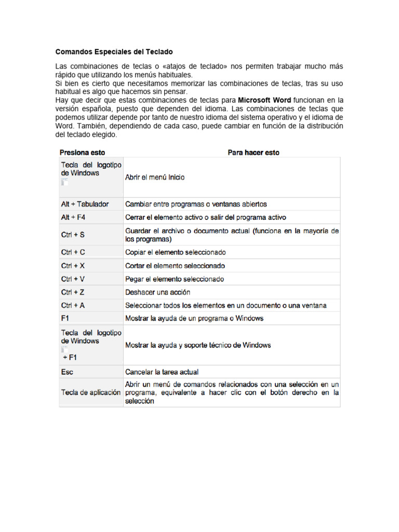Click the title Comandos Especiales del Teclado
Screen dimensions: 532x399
[x=114, y=52]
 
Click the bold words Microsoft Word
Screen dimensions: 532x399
[x=264, y=99]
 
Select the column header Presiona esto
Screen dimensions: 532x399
[x=82, y=152]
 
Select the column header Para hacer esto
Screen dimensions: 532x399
[x=253, y=152]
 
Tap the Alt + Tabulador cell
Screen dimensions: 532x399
[x=85, y=204]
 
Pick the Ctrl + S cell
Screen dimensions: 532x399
[x=73, y=235]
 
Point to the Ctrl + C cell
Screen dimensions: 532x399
[x=73, y=252]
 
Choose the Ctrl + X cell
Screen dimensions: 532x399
[x=73, y=266]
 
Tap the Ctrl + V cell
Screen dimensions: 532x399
[x=73, y=279]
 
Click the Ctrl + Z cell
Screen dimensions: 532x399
[x=73, y=292]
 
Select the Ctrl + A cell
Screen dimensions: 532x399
[x=73, y=305]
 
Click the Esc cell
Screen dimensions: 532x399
[x=67, y=372]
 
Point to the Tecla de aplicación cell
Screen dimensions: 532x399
[x=90, y=393]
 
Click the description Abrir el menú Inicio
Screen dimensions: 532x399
[x=155, y=177]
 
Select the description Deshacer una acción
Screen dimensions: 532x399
[x=158, y=292]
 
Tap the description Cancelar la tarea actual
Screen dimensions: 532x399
[x=162, y=372]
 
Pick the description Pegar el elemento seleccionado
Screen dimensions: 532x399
[x=175, y=279]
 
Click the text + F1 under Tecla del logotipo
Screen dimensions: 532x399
[x=70, y=358]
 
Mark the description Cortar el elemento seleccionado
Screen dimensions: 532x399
[x=175, y=266]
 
